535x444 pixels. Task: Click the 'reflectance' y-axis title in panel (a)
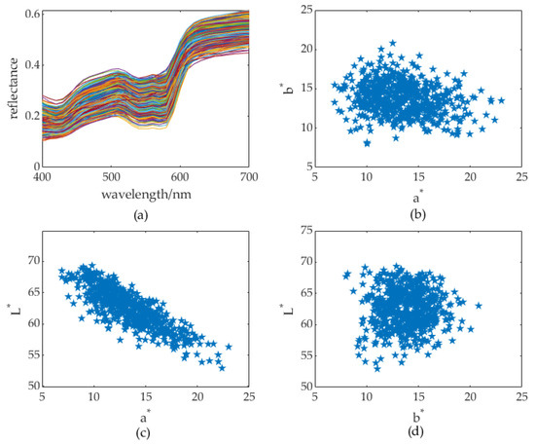[x=13, y=88]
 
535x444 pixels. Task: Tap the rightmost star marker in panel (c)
[x=229, y=347]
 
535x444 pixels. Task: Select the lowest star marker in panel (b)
[x=367, y=143]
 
